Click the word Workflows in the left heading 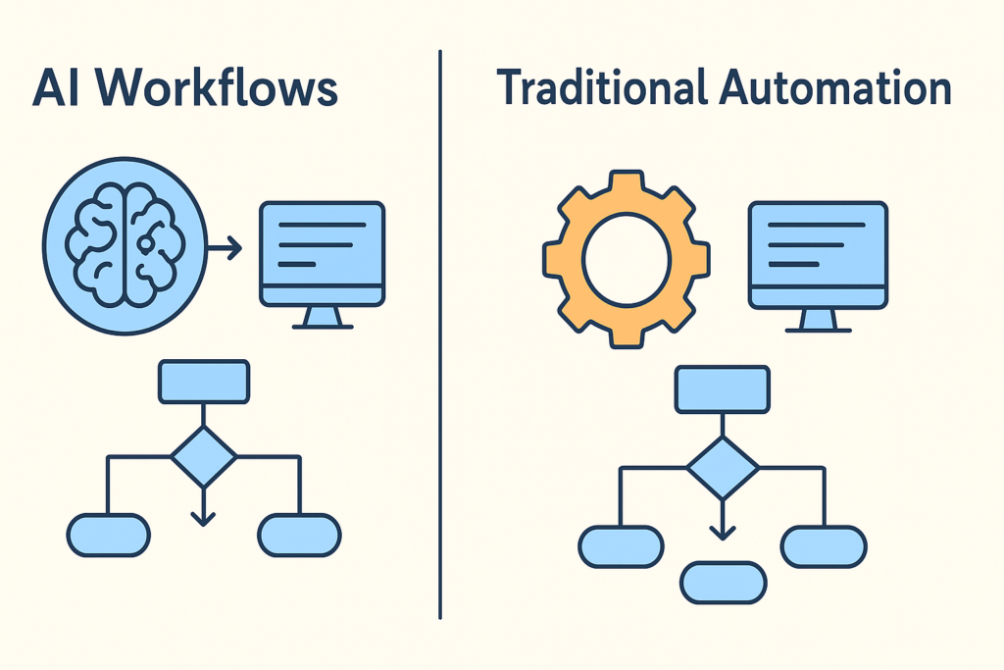click(218, 89)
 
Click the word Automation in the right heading click(835, 89)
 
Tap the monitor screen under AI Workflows click(322, 246)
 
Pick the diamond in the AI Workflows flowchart click(203, 456)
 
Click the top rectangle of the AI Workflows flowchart click(203, 382)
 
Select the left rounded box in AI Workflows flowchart click(108, 535)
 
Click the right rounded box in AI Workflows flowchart click(299, 535)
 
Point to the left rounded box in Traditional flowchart click(620, 546)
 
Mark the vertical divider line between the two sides click(439, 334)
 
